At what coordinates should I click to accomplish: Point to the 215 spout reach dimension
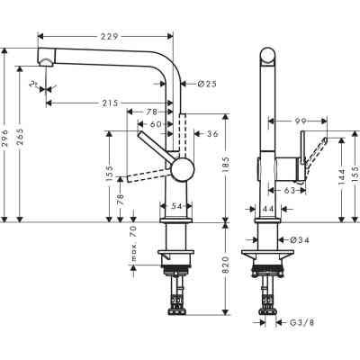(108, 103)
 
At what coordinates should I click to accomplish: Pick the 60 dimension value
(155, 123)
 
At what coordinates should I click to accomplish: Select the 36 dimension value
(212, 135)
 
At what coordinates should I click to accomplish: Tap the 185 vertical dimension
(226, 166)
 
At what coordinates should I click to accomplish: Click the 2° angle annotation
(32, 86)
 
